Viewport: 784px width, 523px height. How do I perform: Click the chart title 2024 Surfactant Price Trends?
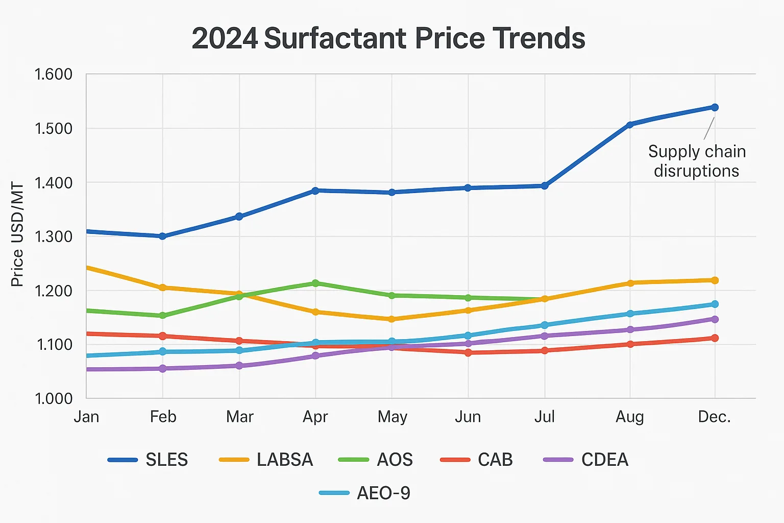(388, 38)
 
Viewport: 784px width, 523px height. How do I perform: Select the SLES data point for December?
(715, 107)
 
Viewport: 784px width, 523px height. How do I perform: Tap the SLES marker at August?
(630, 125)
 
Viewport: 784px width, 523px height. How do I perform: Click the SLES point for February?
(162, 236)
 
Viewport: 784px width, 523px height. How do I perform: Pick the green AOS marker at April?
(315, 283)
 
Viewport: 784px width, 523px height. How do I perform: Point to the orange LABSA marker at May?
(392, 319)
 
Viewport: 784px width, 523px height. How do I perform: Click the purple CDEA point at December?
(715, 319)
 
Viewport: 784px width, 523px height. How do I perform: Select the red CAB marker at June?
(468, 352)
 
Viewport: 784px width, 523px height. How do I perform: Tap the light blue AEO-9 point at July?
(545, 325)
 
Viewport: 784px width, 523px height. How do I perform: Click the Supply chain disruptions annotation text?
(697, 161)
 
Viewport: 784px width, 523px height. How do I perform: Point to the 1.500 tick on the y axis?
(53, 128)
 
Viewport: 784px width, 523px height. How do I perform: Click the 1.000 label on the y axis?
(53, 398)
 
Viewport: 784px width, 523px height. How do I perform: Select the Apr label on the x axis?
(315, 417)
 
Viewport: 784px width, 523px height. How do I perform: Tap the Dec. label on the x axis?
(715, 417)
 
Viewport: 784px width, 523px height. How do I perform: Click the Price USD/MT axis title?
(17, 234)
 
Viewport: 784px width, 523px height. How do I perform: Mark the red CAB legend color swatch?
(455, 460)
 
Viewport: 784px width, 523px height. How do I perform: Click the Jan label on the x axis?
(86, 417)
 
